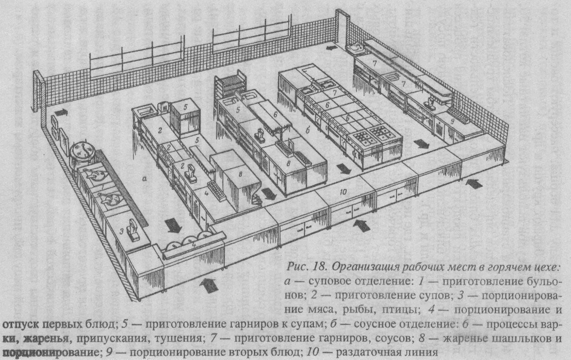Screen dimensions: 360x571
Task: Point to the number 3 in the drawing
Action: click(122, 231)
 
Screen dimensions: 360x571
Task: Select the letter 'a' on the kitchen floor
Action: click(145, 179)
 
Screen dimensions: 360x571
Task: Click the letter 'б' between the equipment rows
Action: click(307, 130)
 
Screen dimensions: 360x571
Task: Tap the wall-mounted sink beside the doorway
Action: click(355, 46)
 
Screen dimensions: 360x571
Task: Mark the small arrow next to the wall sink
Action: click(332, 47)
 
